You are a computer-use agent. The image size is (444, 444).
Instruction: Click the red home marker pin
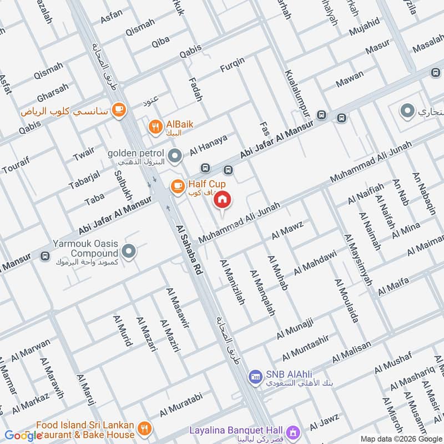(223, 199)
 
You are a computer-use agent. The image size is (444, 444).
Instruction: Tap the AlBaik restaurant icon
(155, 127)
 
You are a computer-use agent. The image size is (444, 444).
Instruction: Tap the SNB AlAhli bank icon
(255, 376)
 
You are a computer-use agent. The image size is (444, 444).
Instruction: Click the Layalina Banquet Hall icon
(293, 431)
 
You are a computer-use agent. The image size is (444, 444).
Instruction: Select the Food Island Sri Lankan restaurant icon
(144, 428)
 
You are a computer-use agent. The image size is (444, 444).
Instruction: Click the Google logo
(23, 436)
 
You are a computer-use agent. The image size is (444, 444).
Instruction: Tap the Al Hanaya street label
(208, 145)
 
